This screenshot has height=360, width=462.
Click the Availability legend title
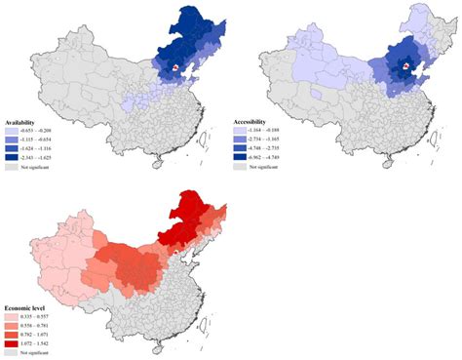[27, 121]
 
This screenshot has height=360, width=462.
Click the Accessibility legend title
[255, 121]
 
